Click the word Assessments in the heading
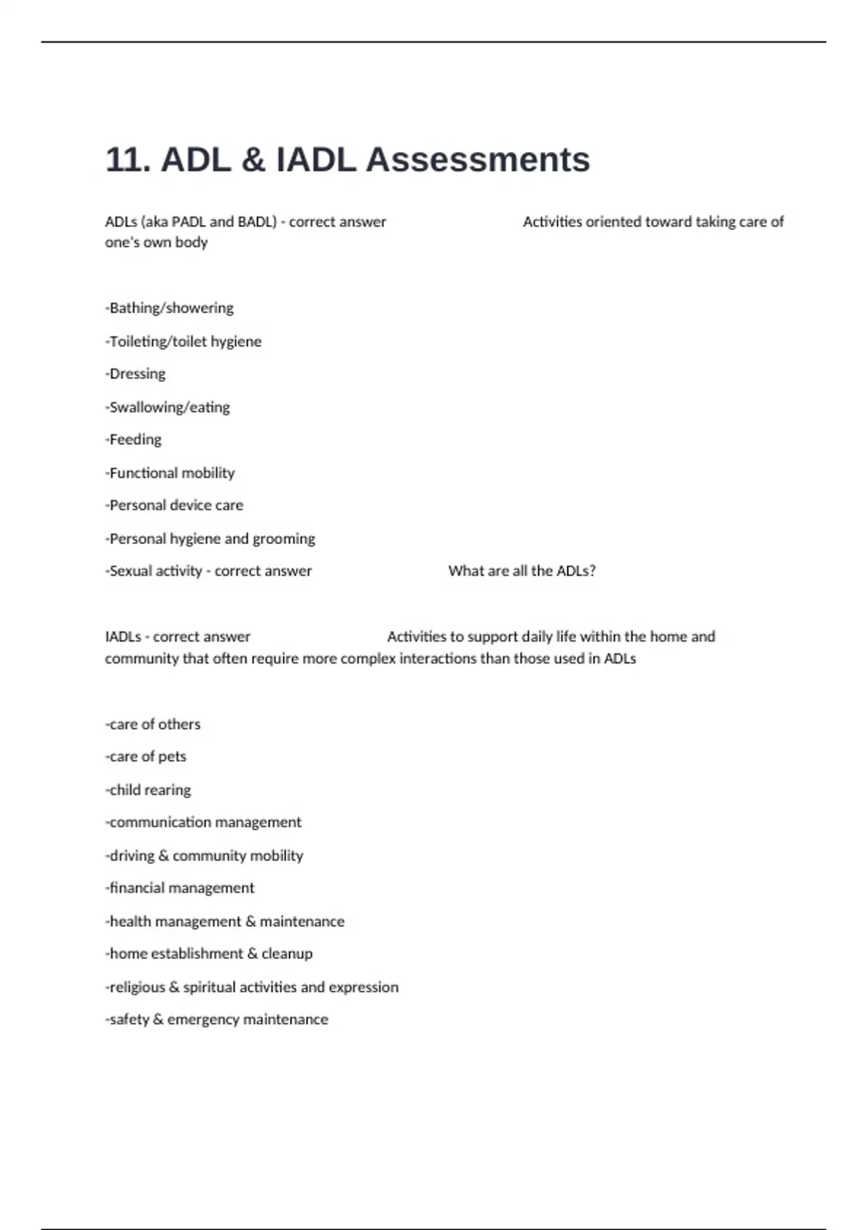click(477, 160)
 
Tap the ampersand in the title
click(252, 160)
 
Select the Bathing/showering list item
click(170, 308)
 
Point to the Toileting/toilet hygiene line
click(184, 342)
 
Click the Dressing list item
click(136, 374)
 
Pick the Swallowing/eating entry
click(168, 407)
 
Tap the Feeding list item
click(134, 440)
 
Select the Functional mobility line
click(171, 473)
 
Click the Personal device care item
click(174, 506)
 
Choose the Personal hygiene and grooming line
click(210, 539)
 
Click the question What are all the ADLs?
click(522, 571)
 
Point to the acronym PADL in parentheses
click(189, 222)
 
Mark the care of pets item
click(146, 757)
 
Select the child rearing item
click(148, 790)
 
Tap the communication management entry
click(203, 823)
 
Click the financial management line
click(180, 888)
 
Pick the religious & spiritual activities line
click(252, 988)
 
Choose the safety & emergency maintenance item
click(217, 1020)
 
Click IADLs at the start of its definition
click(123, 637)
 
